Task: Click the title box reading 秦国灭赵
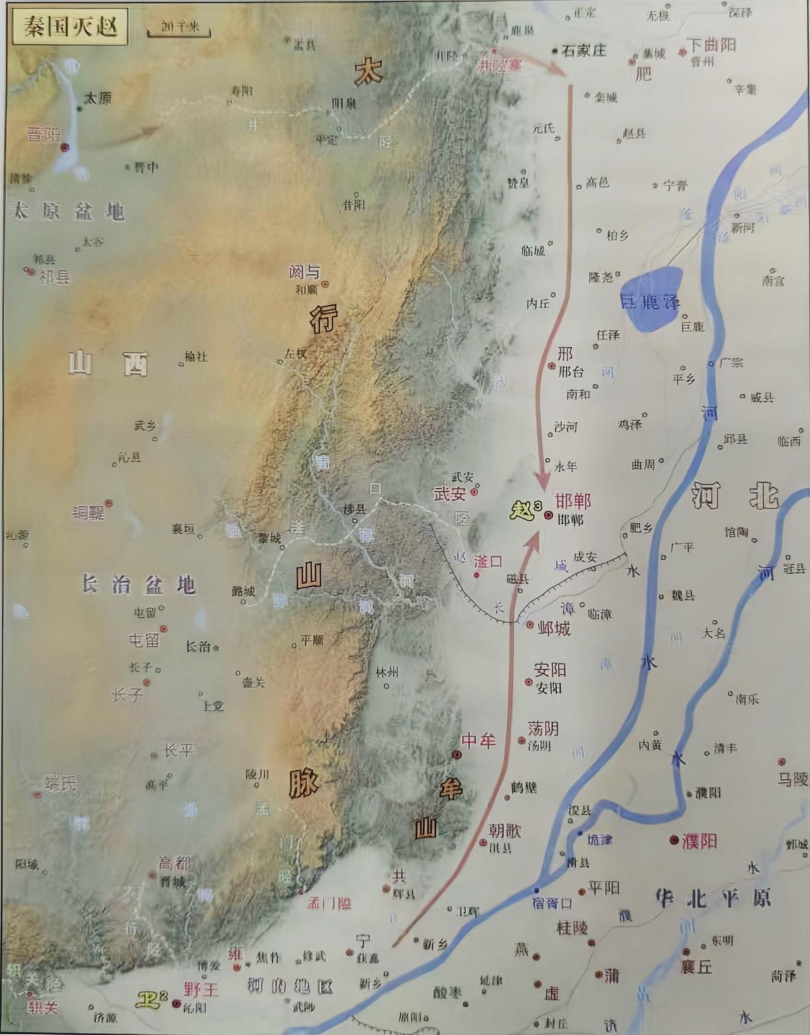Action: pyautogui.click(x=70, y=27)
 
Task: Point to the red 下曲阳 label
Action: pyautogui.click(x=712, y=45)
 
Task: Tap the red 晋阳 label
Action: pyautogui.click(x=42, y=135)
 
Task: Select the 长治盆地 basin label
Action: pyautogui.click(x=138, y=584)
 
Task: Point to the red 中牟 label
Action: pyautogui.click(x=478, y=740)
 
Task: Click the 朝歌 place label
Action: pyautogui.click(x=504, y=830)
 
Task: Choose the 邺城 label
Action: pyautogui.click(x=554, y=628)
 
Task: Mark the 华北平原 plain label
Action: pyautogui.click(x=714, y=898)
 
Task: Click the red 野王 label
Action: pyautogui.click(x=201, y=989)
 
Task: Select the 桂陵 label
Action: pyautogui.click(x=572, y=928)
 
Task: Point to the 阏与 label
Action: pyautogui.click(x=304, y=273)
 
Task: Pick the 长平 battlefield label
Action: pyautogui.click(x=178, y=751)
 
